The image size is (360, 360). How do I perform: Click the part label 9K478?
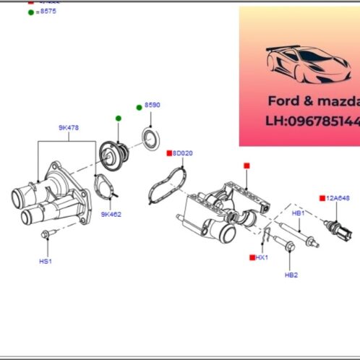tap(69, 127)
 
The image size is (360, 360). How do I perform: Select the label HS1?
tap(45, 261)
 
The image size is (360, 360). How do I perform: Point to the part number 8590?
tap(152, 106)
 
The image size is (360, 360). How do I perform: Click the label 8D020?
tap(184, 153)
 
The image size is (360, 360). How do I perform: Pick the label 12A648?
tap(338, 197)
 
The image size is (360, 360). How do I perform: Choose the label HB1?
tap(297, 214)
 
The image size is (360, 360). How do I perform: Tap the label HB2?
tap(291, 275)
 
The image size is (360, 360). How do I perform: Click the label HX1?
tap(262, 257)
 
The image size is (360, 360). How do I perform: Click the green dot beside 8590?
tap(139, 107)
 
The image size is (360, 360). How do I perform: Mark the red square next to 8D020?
tap(169, 153)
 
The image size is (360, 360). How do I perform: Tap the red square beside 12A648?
tap(322, 197)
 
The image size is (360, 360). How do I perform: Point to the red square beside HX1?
tap(252, 257)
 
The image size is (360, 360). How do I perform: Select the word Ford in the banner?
tap(283, 101)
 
